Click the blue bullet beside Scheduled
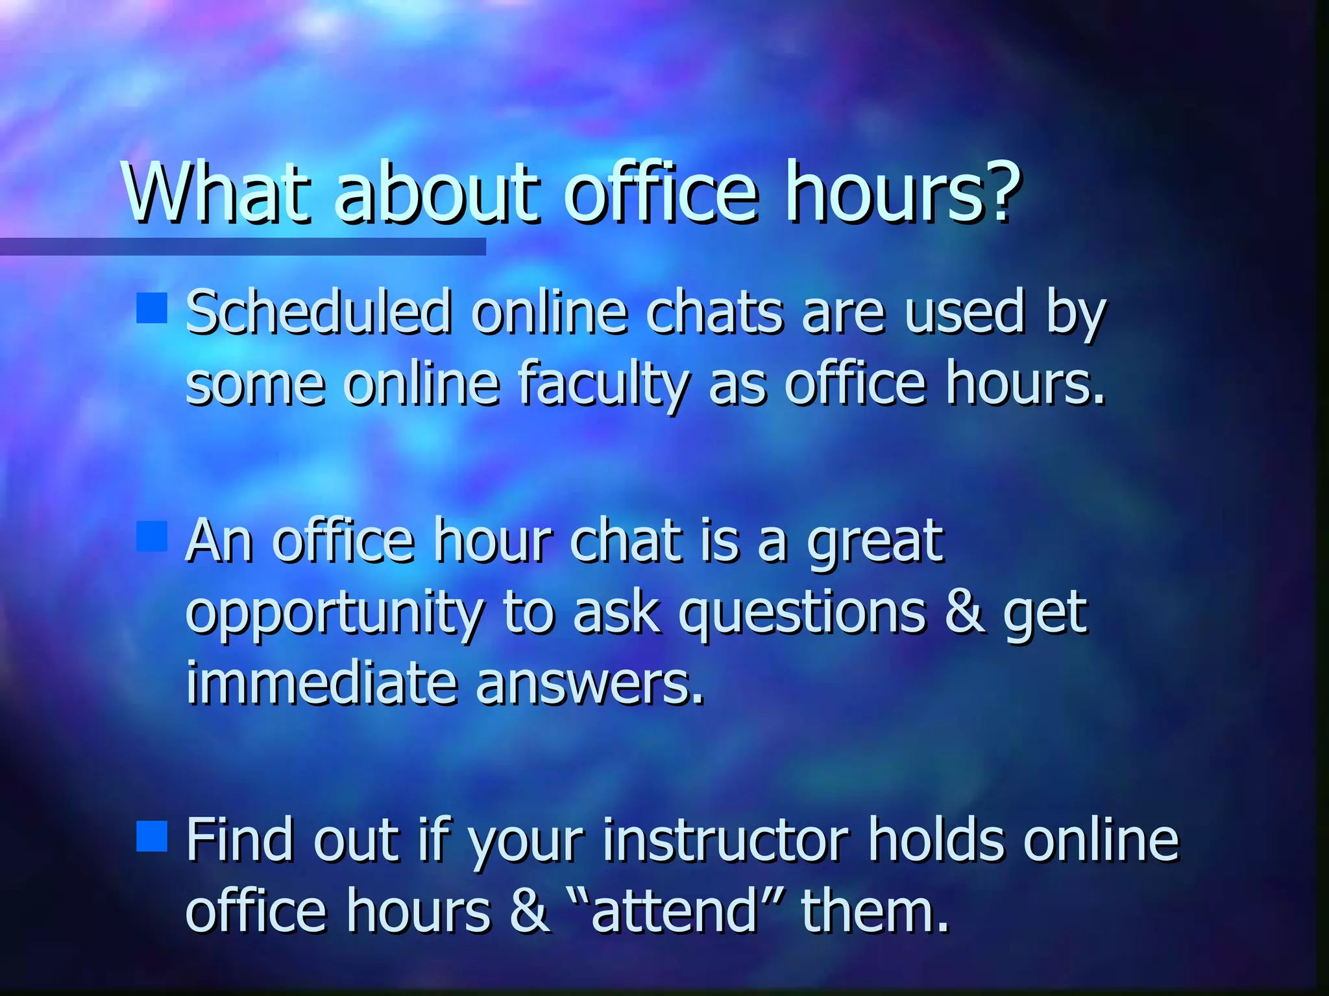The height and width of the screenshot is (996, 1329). point(152,307)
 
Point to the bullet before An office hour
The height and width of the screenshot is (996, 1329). point(152,536)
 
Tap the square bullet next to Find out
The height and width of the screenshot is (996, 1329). point(152,836)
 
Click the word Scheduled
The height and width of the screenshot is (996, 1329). point(318,313)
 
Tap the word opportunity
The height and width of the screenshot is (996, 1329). point(335,614)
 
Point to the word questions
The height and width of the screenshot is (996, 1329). point(802,614)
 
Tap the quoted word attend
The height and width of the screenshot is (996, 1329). point(675,910)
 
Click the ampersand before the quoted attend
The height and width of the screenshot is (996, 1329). point(530,910)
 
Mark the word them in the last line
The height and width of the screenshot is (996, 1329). point(875,910)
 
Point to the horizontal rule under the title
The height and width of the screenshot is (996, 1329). point(243,246)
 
